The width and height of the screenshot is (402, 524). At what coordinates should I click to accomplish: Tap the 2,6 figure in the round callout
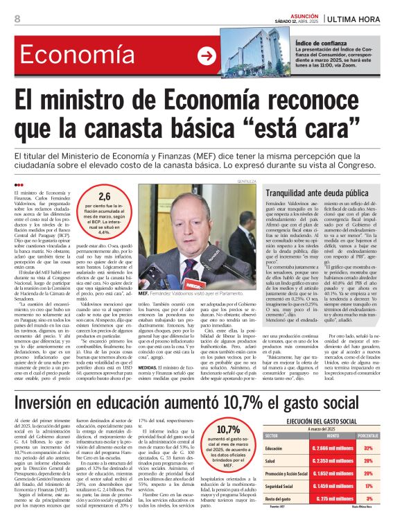coord(105,196)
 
